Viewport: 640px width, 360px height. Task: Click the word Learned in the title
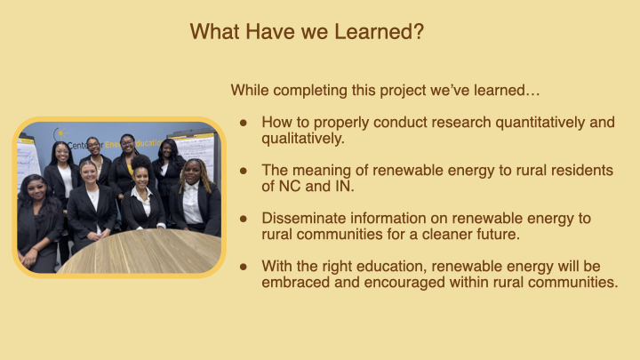pyautogui.click(x=373, y=31)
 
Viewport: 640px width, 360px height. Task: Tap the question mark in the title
pyautogui.click(x=419, y=31)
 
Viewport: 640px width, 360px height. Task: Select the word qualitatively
pyautogui.click(x=303, y=139)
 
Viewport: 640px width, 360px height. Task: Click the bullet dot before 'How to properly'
pyautogui.click(x=244, y=123)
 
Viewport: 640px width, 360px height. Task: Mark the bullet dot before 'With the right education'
pyautogui.click(x=244, y=267)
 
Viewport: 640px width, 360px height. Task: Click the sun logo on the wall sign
pyautogui.click(x=60, y=133)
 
